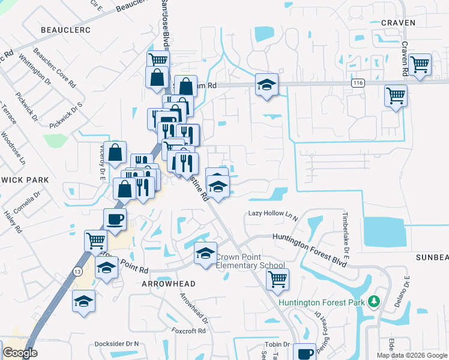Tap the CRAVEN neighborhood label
(x=398, y=23)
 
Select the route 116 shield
(x=359, y=83)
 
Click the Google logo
(x=20, y=353)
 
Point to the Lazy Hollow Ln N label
(x=273, y=214)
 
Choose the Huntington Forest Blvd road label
(x=310, y=247)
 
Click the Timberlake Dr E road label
(x=346, y=231)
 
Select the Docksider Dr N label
(x=116, y=344)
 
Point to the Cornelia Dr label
(x=28, y=202)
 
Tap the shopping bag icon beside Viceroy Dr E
(x=116, y=152)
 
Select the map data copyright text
(x=412, y=355)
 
